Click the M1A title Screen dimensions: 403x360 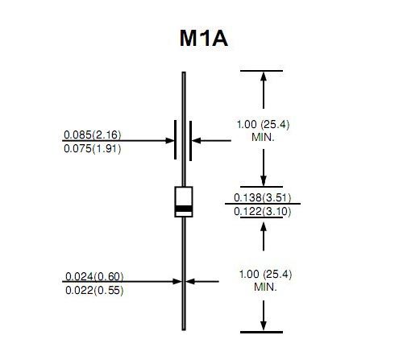point(204,39)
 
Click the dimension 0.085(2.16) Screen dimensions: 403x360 point(93,134)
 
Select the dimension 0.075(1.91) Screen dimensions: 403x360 point(93,149)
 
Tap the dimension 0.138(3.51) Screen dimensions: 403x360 point(263,198)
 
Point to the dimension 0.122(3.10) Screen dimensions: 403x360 point(263,212)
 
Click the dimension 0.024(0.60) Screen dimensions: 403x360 point(94,276)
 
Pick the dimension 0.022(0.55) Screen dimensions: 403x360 point(94,290)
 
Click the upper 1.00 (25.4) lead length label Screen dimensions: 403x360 point(263,125)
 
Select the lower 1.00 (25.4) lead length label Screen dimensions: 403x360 point(265,274)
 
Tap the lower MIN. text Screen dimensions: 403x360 point(265,288)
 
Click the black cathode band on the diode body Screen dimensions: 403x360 point(184,209)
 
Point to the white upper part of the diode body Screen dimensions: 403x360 point(184,197)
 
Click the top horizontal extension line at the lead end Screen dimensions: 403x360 point(261,71)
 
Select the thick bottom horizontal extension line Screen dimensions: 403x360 point(261,332)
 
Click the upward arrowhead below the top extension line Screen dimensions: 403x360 point(264,77)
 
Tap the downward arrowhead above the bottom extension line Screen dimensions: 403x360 point(264,325)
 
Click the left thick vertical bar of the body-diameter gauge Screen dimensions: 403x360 point(176,139)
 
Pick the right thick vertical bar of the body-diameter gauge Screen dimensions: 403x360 point(190,141)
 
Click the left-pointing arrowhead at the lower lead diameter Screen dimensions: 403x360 point(190,281)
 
